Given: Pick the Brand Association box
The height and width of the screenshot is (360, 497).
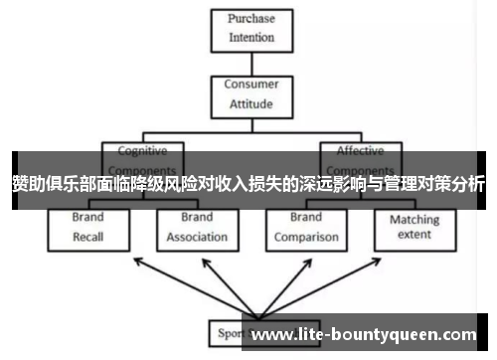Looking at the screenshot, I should click(197, 228).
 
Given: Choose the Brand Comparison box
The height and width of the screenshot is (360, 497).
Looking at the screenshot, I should click(306, 228).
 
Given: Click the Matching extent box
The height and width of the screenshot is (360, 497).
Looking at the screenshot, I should click(414, 228).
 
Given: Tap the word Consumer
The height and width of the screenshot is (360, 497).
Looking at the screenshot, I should click(250, 85).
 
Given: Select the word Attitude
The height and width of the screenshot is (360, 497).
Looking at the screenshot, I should click(250, 103).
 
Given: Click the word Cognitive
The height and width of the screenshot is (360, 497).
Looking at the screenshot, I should click(143, 151).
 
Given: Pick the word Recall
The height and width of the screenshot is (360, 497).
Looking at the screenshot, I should click(87, 238).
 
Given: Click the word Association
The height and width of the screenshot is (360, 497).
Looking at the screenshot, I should click(197, 238).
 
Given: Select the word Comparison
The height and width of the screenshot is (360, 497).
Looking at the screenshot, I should click(306, 238).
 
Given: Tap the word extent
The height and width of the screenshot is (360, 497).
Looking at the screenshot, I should click(414, 236).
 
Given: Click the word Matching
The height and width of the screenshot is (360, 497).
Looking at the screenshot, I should click(414, 220).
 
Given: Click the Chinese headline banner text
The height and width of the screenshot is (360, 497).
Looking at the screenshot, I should click(248, 183).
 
